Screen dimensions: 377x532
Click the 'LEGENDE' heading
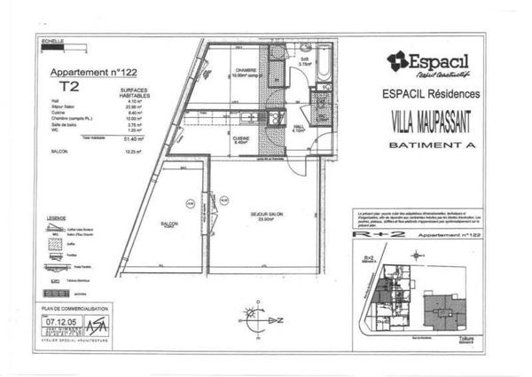point(57,217)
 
